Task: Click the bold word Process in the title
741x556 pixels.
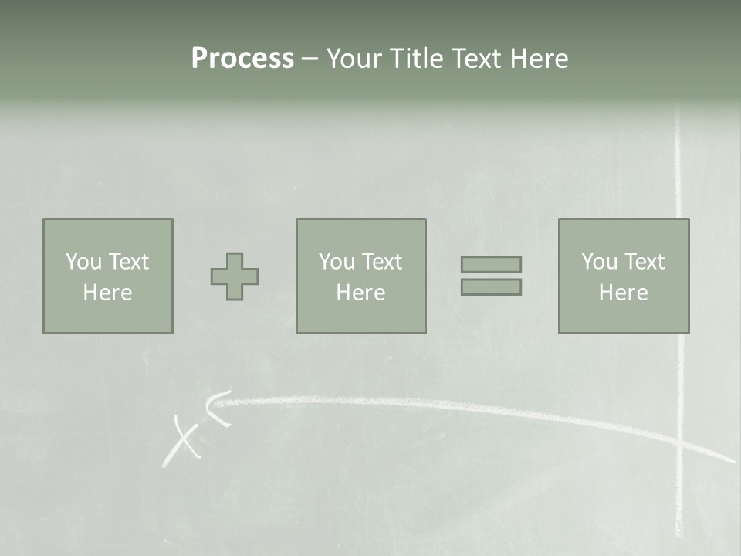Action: [242, 59]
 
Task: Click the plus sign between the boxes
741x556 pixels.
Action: [235, 276]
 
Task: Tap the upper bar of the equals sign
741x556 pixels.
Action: [491, 264]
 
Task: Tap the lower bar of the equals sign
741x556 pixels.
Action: [491, 287]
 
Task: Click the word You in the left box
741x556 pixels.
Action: [83, 262]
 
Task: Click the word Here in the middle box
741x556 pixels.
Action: [360, 293]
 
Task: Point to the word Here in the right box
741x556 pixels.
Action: [623, 293]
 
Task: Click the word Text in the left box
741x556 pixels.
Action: [128, 262]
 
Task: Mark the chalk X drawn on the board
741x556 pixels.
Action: [183, 441]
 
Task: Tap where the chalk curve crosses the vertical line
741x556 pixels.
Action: [680, 442]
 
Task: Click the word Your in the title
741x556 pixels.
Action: [354, 59]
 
